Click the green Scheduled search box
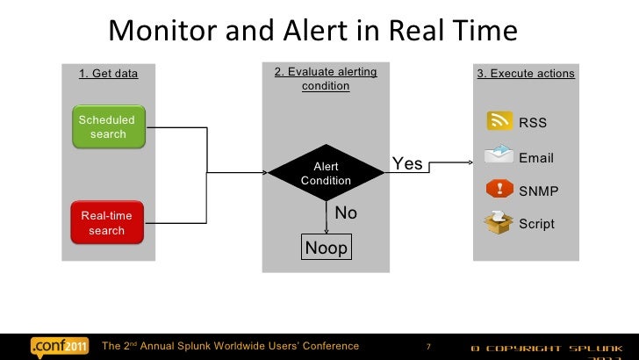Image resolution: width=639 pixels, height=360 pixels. pos(107,126)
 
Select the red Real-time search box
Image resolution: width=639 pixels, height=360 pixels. pos(107,222)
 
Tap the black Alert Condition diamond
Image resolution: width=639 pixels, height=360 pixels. pos(326,173)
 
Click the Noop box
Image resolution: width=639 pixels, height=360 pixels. pos(326,248)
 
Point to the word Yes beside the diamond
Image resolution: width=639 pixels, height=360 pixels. pos(407,164)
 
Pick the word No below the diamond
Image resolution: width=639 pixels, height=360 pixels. pos(346,213)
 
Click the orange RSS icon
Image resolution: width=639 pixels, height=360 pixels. pos(500,122)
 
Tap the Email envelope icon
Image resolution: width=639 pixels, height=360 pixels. pos(499,155)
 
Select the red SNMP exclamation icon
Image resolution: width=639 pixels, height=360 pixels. pos(500,189)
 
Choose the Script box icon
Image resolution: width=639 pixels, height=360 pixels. pos(499,222)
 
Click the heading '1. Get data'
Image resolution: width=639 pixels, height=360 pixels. pos(109,74)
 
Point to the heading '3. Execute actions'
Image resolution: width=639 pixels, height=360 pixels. pos(526,74)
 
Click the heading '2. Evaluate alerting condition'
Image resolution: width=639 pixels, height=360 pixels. pos(326,78)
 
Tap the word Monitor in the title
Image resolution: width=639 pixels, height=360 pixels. pos(163,32)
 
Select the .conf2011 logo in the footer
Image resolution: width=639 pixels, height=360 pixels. pos(60,346)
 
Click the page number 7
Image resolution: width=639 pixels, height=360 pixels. pos(428,347)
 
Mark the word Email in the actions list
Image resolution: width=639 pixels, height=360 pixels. pos(536,158)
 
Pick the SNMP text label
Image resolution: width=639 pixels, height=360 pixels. pos(539,191)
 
